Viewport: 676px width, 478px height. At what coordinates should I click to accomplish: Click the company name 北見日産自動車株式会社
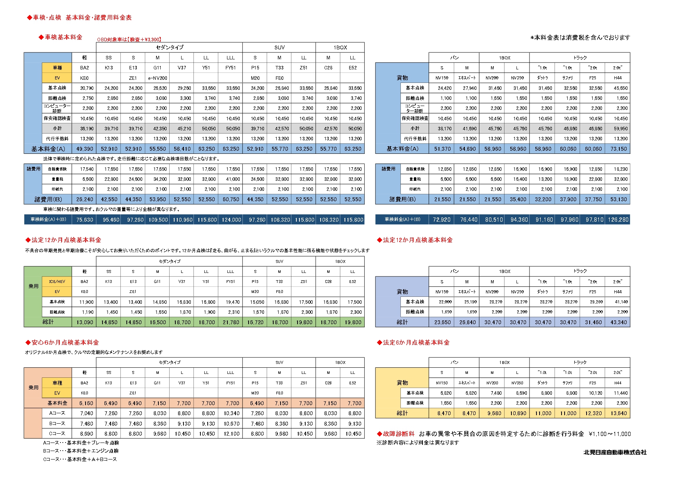point(615,452)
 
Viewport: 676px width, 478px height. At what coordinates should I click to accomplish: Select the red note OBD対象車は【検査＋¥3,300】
point(129,39)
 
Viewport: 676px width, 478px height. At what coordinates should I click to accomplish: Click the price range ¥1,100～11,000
point(610,434)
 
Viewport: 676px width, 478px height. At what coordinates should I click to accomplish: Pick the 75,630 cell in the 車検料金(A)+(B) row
point(85,220)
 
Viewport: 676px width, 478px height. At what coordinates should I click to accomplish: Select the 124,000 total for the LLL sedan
point(231,220)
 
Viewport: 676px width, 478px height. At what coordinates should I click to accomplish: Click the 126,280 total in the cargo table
point(618,220)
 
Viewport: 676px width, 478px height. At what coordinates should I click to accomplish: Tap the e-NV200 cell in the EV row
point(158,78)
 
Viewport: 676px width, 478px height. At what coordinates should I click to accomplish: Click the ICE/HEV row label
point(57,282)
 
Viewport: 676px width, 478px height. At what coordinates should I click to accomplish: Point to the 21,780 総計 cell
point(231,322)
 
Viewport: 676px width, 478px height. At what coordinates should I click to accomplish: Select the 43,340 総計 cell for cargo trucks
point(618,322)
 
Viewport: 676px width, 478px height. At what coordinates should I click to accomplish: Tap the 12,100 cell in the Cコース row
point(231,434)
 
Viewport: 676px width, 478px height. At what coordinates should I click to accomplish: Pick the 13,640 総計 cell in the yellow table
point(618,413)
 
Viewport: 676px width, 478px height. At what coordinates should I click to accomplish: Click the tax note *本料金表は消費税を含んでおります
point(580,37)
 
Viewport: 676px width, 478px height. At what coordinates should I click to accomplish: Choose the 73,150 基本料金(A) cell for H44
point(618,149)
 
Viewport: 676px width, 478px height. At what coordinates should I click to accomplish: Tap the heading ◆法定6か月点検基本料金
point(413,342)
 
